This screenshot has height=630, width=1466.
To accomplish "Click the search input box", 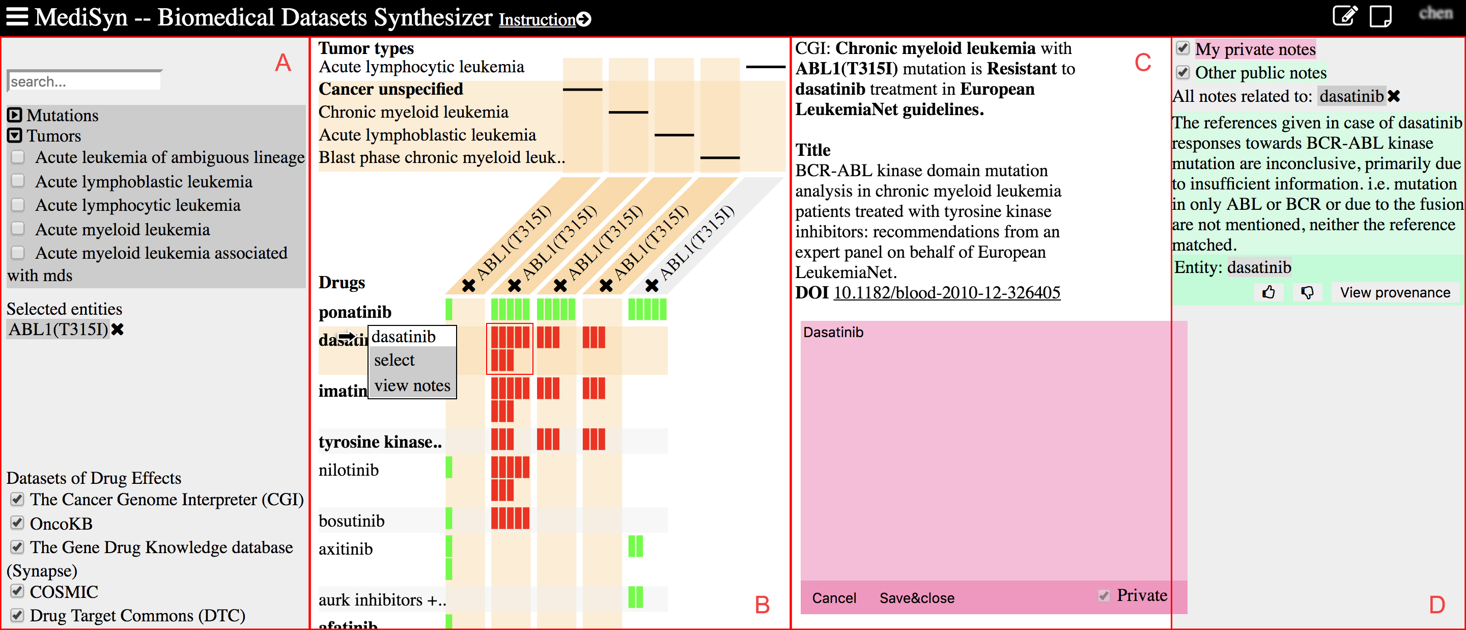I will click(84, 81).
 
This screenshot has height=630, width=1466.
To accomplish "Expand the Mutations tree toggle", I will click(15, 115).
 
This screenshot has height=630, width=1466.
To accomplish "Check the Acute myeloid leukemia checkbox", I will click(18, 229).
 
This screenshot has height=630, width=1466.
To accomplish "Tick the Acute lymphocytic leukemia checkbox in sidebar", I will click(18, 205).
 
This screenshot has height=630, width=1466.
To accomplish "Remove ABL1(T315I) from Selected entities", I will click(118, 329).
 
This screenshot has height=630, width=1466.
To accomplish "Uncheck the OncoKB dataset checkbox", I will click(18, 523).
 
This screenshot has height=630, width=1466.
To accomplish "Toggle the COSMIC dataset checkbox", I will click(18, 591).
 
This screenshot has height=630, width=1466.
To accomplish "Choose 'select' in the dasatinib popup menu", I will click(394, 361).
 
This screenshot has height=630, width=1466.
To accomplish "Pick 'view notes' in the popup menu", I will click(412, 386).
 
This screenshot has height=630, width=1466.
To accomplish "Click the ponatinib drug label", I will click(355, 312).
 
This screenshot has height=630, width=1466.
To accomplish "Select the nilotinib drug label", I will click(348, 470).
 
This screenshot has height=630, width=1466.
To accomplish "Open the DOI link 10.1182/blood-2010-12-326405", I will click(946, 293).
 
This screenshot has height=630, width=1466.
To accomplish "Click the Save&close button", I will click(916, 598).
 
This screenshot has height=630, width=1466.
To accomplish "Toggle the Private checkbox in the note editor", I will click(1104, 596).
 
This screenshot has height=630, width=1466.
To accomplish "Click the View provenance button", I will click(1394, 293).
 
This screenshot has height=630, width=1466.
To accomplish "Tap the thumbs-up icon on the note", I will click(1268, 293).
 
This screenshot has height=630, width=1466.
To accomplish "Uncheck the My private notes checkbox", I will click(1182, 48).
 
